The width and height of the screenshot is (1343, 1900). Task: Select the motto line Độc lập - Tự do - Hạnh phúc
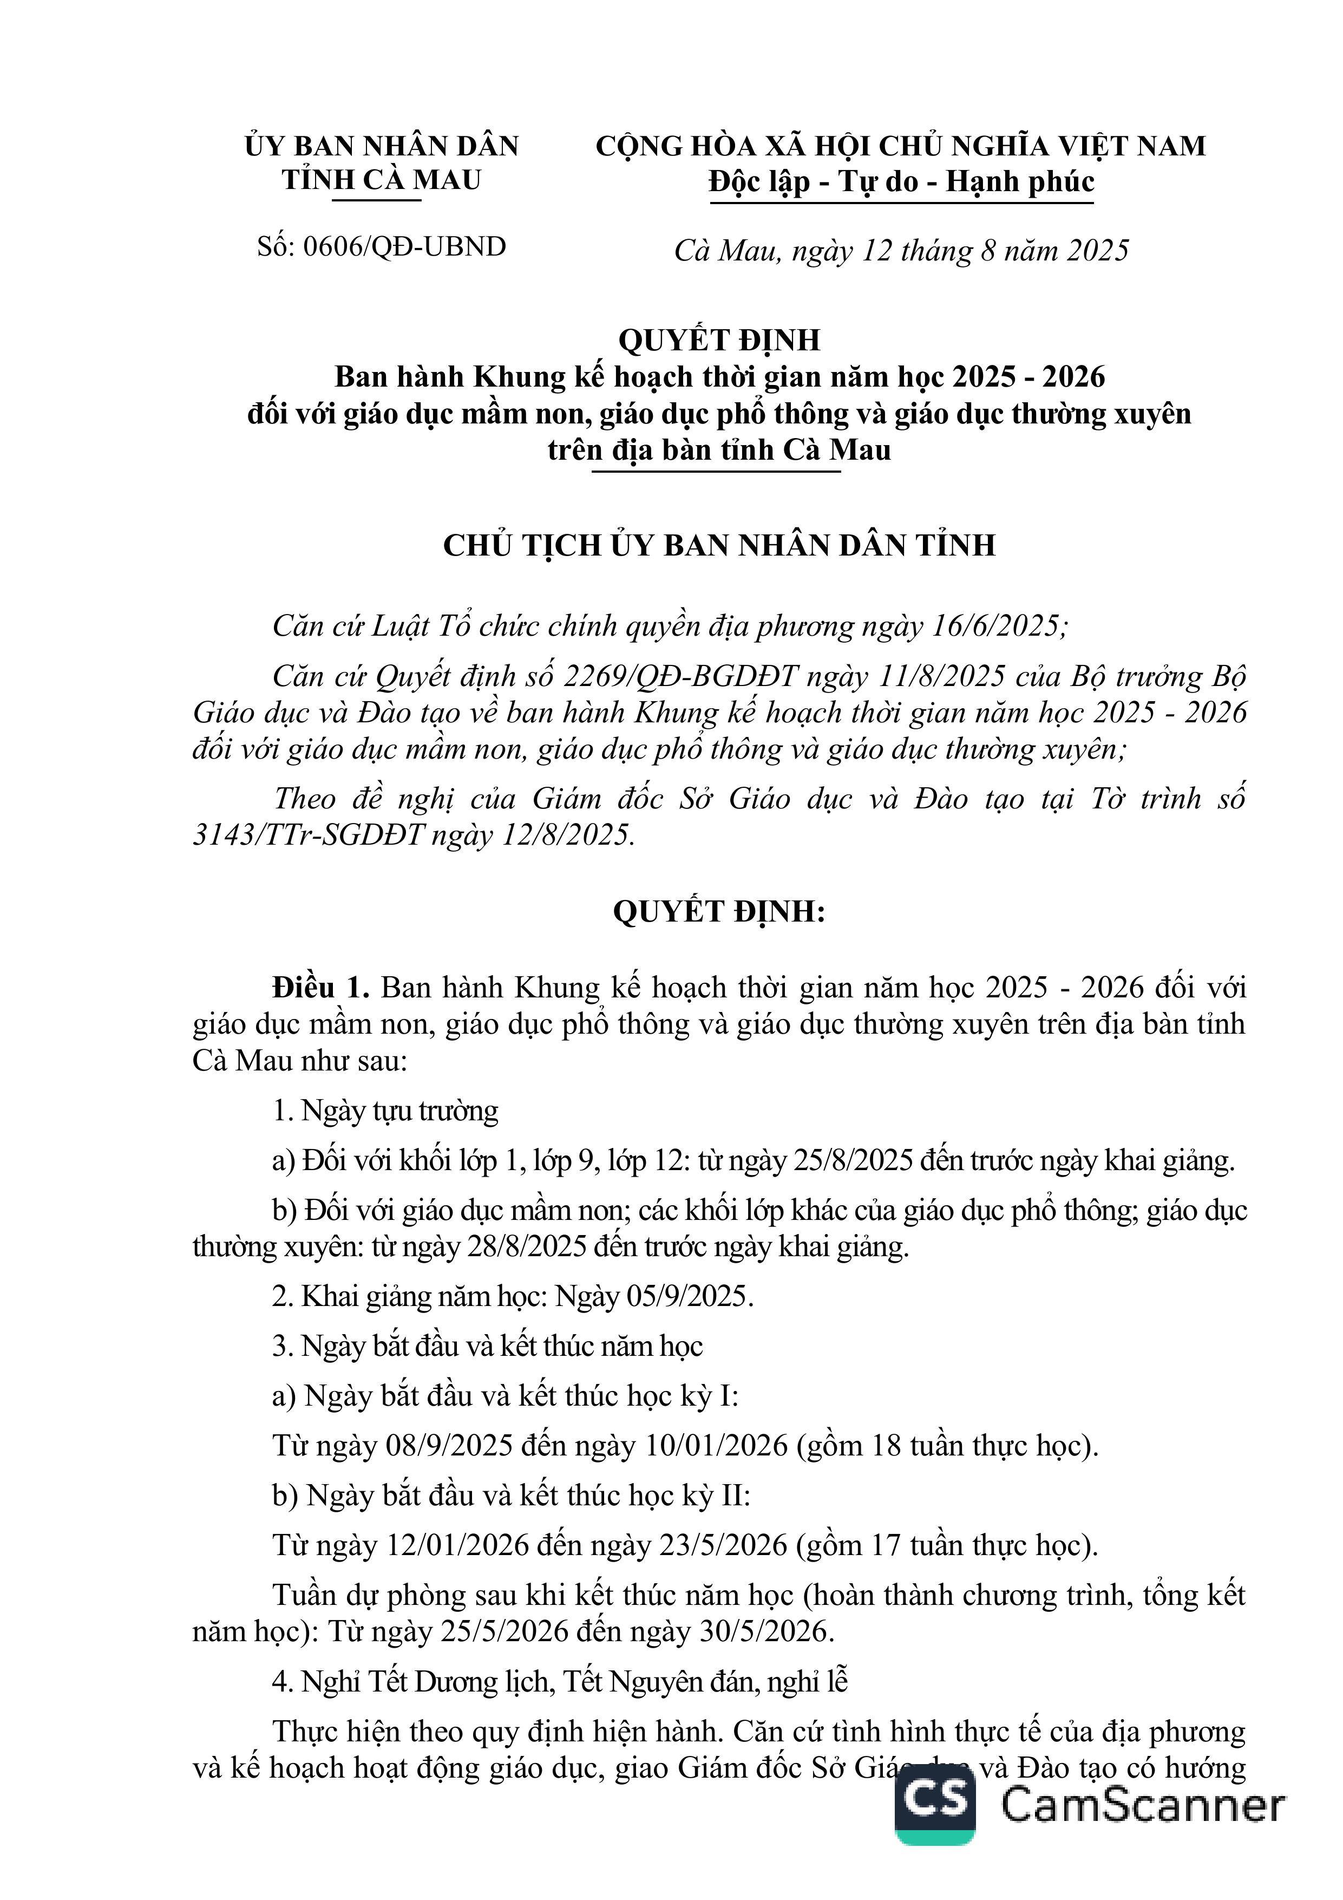coord(901,181)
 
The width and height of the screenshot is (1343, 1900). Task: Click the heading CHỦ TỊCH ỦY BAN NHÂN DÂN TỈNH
coord(719,545)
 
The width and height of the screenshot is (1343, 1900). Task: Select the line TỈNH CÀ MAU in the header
coord(382,180)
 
